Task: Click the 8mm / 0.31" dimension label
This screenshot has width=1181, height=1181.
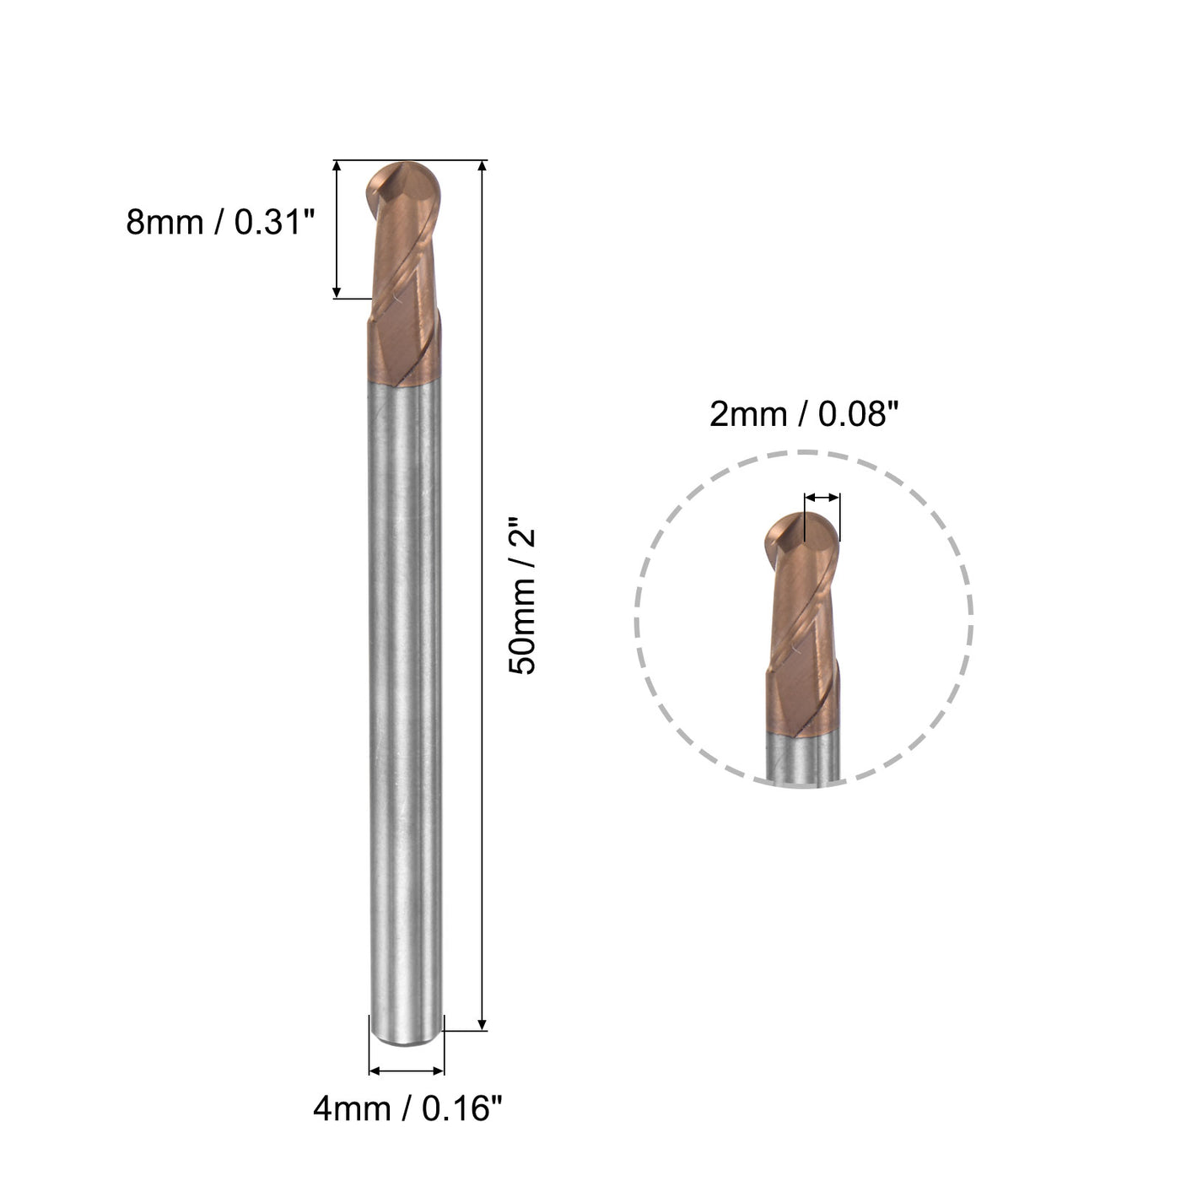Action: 220,223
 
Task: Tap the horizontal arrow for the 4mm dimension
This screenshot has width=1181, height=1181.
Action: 407,1071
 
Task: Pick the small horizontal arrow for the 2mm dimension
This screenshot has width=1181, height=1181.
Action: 822,497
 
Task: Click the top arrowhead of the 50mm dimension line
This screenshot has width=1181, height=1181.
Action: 483,166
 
